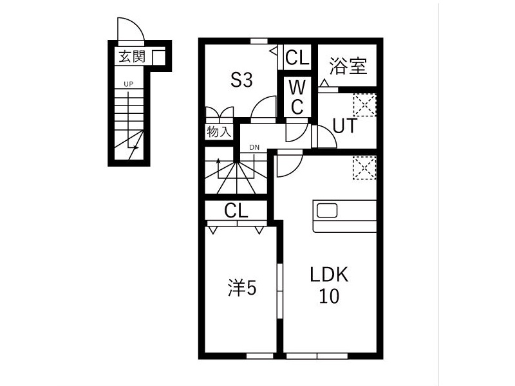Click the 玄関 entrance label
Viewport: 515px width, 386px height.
[132, 57]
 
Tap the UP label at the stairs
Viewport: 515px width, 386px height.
[128, 84]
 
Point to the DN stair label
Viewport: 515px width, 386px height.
[254, 147]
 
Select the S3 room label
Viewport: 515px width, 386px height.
[241, 80]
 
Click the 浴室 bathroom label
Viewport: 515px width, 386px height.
[348, 66]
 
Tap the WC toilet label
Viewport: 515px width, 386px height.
[297, 98]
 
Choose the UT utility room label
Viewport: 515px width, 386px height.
[344, 125]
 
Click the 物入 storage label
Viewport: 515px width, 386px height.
[219, 132]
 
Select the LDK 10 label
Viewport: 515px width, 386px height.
[329, 286]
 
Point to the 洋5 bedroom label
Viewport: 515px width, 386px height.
[242, 288]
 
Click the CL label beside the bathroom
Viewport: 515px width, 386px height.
[297, 57]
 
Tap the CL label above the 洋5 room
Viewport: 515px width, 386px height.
[236, 211]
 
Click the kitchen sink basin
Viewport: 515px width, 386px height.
[327, 210]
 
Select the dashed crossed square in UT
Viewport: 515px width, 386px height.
[364, 105]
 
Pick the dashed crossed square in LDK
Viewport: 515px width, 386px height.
[364, 168]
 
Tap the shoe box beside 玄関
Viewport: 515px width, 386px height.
[158, 57]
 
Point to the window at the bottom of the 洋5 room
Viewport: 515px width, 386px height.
[260, 356]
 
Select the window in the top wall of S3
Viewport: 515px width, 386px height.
[259, 41]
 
